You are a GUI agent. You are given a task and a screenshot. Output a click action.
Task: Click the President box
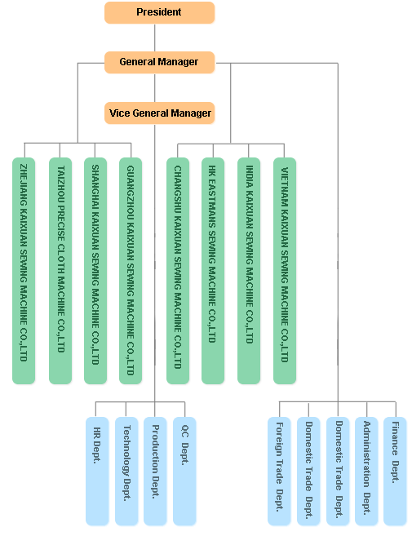159,13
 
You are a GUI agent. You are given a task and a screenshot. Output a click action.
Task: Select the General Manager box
159,62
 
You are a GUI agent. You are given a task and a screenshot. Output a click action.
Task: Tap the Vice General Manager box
159,113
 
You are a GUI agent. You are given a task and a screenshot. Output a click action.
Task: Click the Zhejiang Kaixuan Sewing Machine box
24,270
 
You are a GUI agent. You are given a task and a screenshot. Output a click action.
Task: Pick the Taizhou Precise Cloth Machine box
60,270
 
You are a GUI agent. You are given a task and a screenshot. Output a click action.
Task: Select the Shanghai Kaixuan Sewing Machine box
95,270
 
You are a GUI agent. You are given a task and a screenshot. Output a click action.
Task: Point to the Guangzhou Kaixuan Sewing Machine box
131,270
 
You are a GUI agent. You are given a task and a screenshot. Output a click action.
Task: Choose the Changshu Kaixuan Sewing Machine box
178,270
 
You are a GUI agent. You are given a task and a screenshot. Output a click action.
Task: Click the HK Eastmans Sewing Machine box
213,270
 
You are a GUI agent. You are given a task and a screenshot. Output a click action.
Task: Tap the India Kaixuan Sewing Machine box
249,270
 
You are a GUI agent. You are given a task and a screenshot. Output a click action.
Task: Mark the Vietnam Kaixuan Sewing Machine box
285,270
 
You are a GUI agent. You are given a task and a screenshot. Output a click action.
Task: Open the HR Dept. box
97,471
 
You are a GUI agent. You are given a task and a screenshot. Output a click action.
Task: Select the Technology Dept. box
126,471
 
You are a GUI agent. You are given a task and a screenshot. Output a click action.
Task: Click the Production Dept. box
155,471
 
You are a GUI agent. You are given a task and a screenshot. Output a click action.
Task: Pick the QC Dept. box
184,471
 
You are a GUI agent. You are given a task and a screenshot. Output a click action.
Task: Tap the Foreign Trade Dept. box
279,471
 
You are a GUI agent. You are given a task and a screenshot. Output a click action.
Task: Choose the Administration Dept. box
366,471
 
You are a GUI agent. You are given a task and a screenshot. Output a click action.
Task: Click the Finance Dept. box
395,471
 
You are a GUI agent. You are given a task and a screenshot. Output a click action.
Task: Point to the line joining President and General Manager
154,38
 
